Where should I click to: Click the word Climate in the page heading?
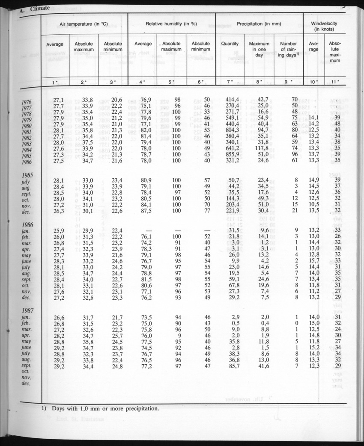(x=40, y=8)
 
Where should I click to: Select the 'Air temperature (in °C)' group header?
(x=84, y=24)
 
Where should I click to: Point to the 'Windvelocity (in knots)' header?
(x=324, y=27)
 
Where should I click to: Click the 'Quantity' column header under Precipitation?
(x=230, y=44)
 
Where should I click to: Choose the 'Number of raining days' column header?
(x=288, y=50)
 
